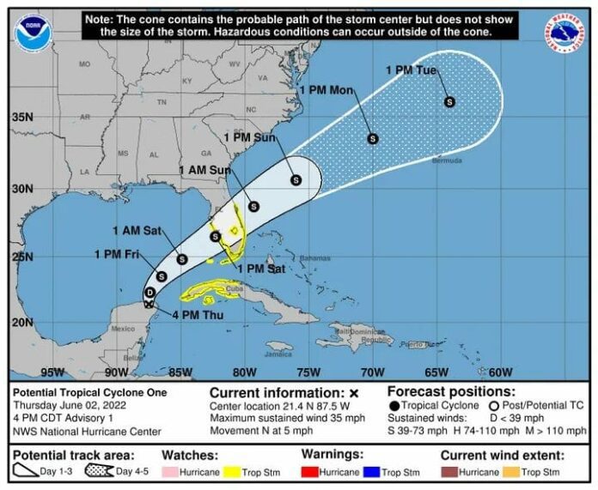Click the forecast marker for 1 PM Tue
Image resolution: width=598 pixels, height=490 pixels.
point(449,102)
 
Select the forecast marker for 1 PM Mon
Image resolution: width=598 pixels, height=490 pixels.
point(373,138)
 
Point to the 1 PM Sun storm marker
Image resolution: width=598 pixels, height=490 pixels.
point(296,180)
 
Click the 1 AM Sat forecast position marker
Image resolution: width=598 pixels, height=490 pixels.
point(182,259)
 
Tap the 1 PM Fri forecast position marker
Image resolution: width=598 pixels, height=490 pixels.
point(162,276)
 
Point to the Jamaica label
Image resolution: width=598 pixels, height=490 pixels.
point(278,353)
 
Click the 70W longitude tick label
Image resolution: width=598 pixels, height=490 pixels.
point(371,372)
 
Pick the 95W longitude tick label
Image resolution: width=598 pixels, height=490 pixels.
point(52,372)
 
